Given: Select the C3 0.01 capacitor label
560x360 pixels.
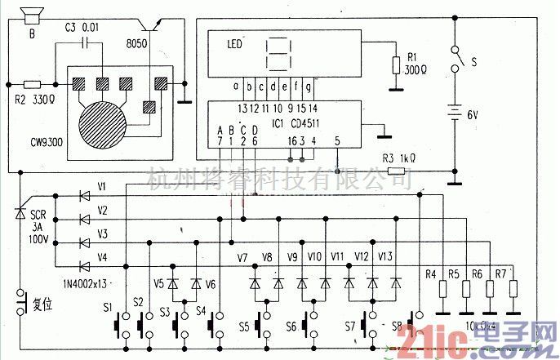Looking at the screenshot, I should (x=86, y=28).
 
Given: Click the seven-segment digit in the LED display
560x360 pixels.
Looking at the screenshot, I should (x=278, y=53).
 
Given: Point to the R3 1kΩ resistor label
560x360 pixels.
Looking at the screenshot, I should (x=399, y=158).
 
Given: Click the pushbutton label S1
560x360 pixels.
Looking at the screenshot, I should (x=109, y=308).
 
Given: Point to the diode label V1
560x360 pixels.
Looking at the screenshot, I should (x=101, y=187).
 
